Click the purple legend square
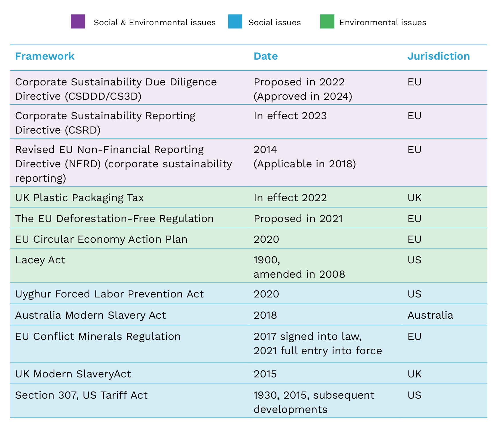click(78, 21)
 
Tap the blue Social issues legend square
click(235, 21)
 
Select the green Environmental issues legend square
click(327, 21)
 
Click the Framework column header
click(45, 56)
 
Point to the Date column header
click(266, 56)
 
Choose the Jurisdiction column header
click(438, 56)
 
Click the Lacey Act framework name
click(40, 260)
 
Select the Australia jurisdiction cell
click(430, 315)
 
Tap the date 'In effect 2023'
click(290, 116)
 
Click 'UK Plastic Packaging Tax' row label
click(79, 198)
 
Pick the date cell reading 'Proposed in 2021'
click(298, 219)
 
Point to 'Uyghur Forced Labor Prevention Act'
click(109, 294)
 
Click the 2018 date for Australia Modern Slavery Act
click(265, 315)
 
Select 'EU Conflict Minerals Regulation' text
click(98, 336)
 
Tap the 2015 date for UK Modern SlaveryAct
click(265, 374)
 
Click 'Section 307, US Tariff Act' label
click(81, 395)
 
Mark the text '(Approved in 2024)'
click(303, 96)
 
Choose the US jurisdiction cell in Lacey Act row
click(414, 260)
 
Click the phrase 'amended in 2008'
click(299, 274)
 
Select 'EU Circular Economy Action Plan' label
click(101, 239)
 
